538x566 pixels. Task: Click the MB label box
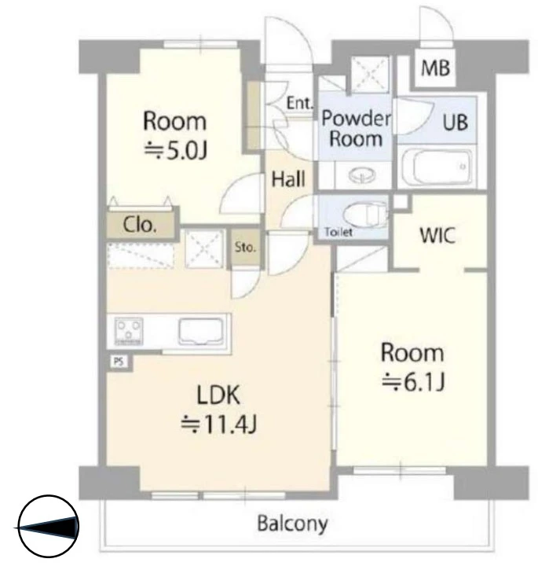(x=435, y=68)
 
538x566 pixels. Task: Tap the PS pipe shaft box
(x=119, y=362)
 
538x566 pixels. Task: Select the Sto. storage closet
(x=245, y=248)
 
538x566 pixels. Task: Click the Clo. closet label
(x=140, y=225)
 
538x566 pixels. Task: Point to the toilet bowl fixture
(x=365, y=215)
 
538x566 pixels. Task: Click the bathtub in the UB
(x=437, y=167)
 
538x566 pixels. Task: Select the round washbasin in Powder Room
(x=362, y=175)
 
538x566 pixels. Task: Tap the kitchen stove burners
(x=129, y=332)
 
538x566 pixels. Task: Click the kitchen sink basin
(x=200, y=332)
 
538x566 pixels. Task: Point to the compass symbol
(x=49, y=527)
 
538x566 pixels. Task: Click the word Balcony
(x=292, y=524)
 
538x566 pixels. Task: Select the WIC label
(x=437, y=235)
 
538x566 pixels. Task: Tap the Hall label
(x=288, y=178)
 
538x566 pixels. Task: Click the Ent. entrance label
(x=299, y=103)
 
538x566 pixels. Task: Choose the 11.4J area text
(x=218, y=424)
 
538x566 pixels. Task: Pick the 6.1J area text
(x=413, y=381)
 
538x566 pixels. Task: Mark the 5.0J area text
(x=176, y=150)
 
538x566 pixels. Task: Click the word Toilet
(x=339, y=232)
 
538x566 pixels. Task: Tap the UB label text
(x=455, y=122)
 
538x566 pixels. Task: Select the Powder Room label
(x=356, y=128)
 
